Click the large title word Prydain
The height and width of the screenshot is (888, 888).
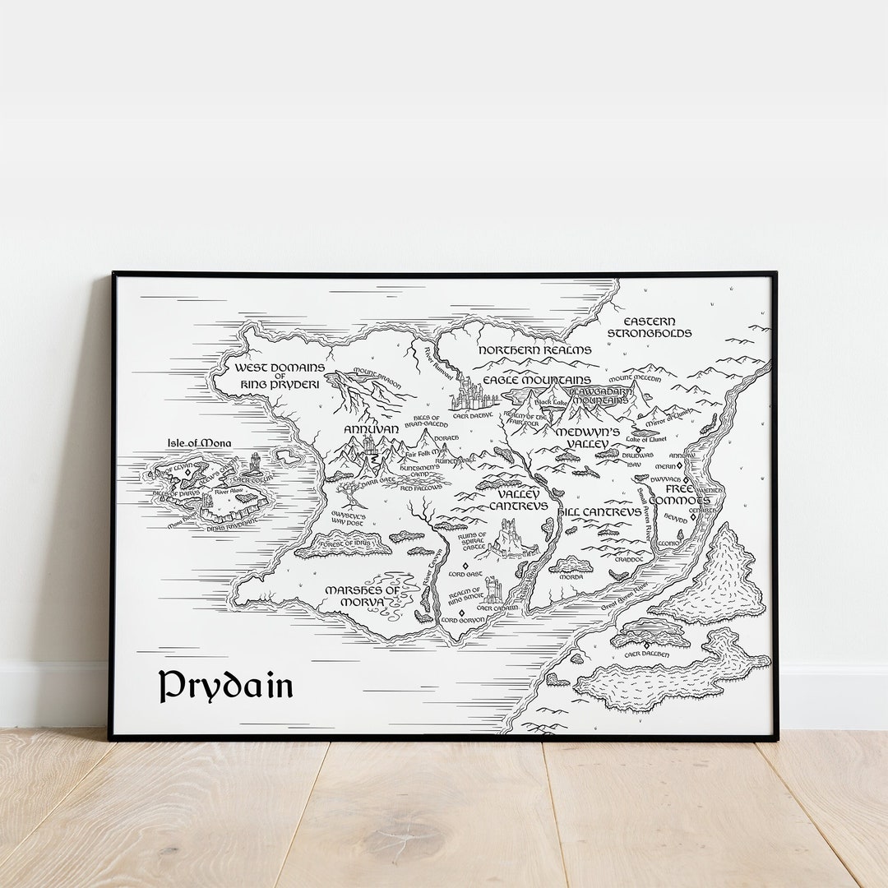tap(225, 686)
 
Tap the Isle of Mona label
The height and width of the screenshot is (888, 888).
tap(192, 443)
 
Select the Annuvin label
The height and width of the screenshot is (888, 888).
tap(371, 429)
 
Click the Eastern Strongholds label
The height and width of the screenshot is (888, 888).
tap(650, 327)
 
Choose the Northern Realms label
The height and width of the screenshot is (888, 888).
tap(534, 350)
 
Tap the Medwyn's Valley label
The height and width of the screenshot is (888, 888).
tap(586, 437)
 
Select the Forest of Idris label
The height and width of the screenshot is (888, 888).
tap(344, 543)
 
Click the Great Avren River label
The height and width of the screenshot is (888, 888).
tap(625, 596)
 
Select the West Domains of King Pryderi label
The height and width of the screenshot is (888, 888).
tap(280, 376)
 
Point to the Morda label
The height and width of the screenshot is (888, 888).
tap(571, 576)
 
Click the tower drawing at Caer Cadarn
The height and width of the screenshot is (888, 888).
tap(493, 590)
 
